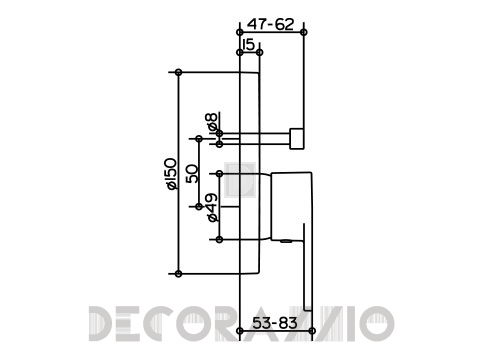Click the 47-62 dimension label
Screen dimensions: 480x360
pyautogui.click(x=270, y=24)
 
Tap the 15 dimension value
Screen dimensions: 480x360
pyautogui.click(x=249, y=45)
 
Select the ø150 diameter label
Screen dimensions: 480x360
pyautogui.click(x=171, y=174)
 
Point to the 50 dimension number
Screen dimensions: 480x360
pyautogui.click(x=192, y=174)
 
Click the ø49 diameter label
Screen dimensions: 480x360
pyautogui.click(x=212, y=207)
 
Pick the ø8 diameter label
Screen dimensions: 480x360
pyautogui.click(x=212, y=122)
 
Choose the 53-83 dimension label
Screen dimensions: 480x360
pyautogui.click(x=275, y=323)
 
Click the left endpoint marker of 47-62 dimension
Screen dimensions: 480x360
pyautogui.click(x=239, y=32)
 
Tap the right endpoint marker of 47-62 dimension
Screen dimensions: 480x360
pyautogui.click(x=303, y=32)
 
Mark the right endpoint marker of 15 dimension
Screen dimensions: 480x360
pyautogui.click(x=260, y=52)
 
